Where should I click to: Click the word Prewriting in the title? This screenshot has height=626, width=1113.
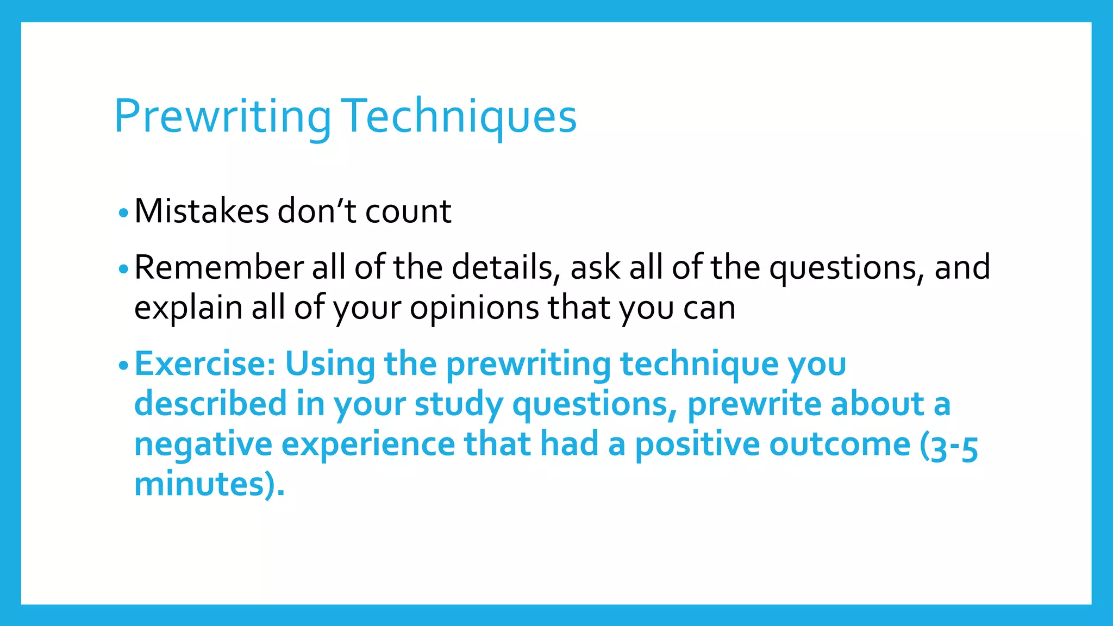(x=222, y=116)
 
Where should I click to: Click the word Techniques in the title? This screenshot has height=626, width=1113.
(x=459, y=116)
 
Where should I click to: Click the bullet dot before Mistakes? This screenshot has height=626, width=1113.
(x=123, y=213)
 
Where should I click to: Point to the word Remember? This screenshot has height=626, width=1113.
(x=219, y=267)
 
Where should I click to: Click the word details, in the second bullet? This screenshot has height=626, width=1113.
(x=506, y=267)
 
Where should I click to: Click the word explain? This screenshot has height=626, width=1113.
(x=187, y=308)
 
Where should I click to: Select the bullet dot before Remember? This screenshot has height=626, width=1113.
(x=123, y=269)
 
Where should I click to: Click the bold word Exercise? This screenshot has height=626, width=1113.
(x=205, y=364)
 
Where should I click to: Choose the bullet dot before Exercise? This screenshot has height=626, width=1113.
(x=123, y=365)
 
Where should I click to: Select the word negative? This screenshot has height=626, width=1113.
(x=203, y=444)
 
